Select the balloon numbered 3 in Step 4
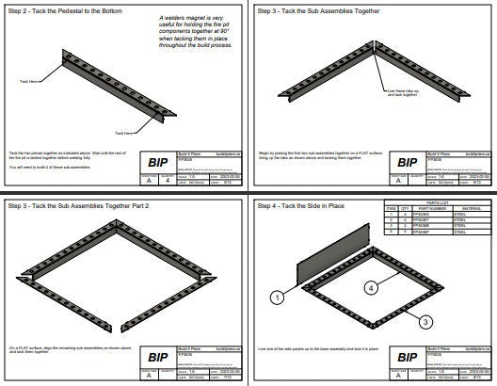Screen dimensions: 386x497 pyautogui.click(x=426, y=321)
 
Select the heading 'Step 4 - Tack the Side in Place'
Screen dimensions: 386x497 pyautogui.click(x=297, y=205)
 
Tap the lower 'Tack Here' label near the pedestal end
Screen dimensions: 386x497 pyautogui.click(x=123, y=133)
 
